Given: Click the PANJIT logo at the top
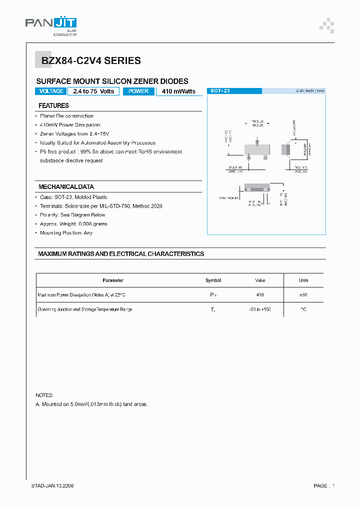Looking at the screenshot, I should pyautogui.click(x=51, y=25).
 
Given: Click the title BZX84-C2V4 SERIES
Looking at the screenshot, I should pyautogui.click(x=88, y=61).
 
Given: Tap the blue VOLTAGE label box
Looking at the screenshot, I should pyautogui.click(x=51, y=91).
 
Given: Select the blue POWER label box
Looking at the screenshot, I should pyautogui.click(x=138, y=91).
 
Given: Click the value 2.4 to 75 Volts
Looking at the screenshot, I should pyautogui.click(x=93, y=91).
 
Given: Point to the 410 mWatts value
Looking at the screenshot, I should pyautogui.click(x=179, y=91).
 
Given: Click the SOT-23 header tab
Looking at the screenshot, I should pyautogui.click(x=220, y=91).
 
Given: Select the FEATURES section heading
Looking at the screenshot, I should pyautogui.click(x=53, y=105).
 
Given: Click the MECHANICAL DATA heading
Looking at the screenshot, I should pyautogui.click(x=66, y=186).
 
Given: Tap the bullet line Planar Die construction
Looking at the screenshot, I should pyautogui.click(x=66, y=116).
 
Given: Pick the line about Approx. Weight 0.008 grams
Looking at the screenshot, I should pyautogui.click(x=73, y=224).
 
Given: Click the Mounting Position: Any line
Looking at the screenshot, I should pyautogui.click(x=66, y=233).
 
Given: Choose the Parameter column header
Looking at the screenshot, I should pyautogui.click(x=113, y=280).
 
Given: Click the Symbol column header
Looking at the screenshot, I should pyautogui.click(x=213, y=280).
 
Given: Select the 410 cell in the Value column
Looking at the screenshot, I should pyautogui.click(x=259, y=295).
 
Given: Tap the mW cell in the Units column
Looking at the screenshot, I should pyautogui.click(x=303, y=295).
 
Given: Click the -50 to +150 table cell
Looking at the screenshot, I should pyautogui.click(x=259, y=310).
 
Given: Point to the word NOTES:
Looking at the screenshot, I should pyautogui.click(x=44, y=395).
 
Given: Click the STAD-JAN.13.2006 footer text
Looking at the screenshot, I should pyautogui.click(x=52, y=485).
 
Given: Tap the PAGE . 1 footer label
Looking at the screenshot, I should pyautogui.click(x=323, y=485).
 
